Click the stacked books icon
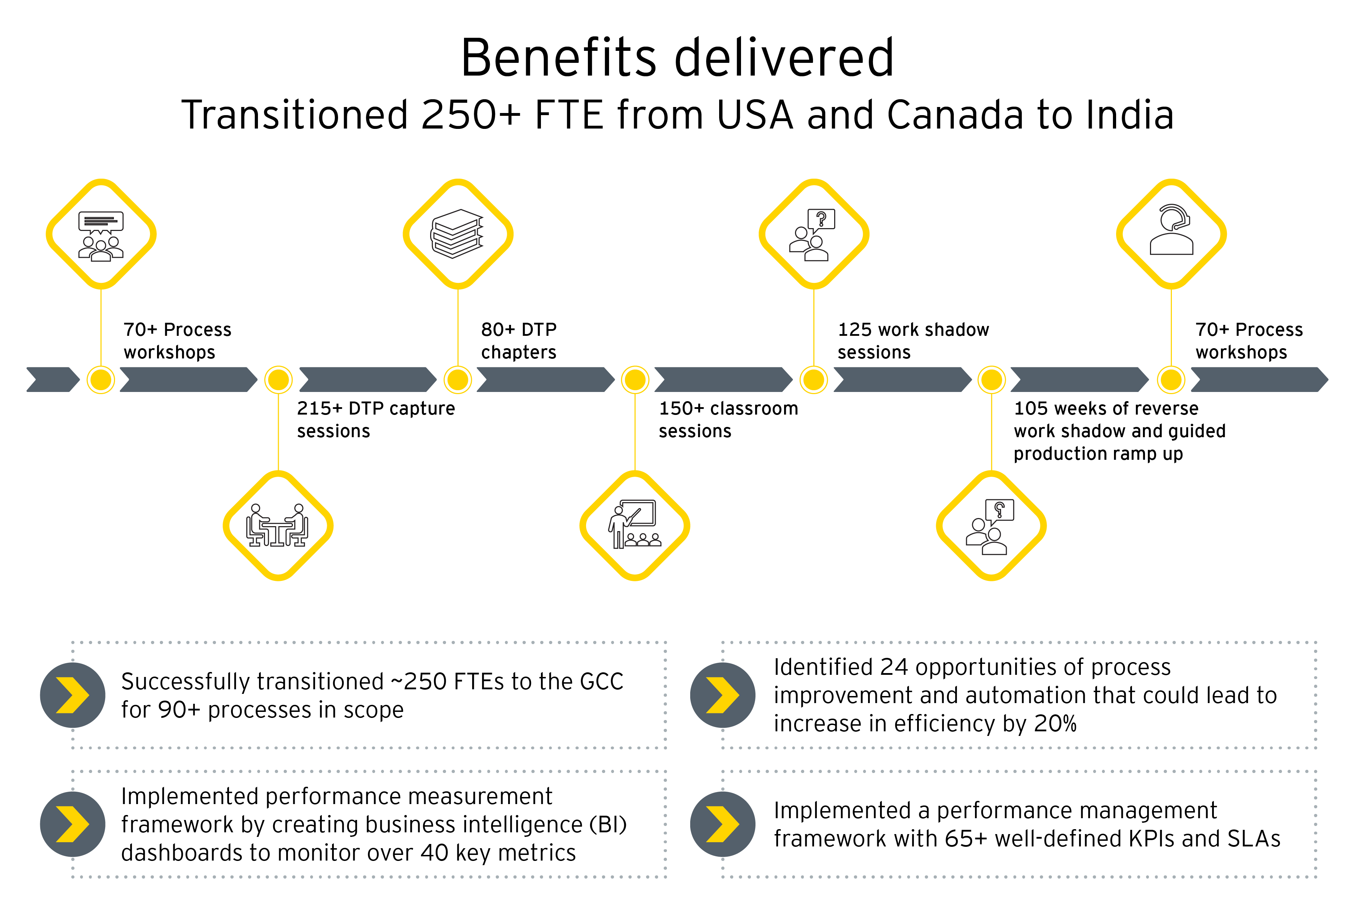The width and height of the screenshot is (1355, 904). (457, 233)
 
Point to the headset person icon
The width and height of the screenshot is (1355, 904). (1171, 231)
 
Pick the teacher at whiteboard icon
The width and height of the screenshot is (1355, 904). (634, 525)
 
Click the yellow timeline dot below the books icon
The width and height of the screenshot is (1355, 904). (457, 379)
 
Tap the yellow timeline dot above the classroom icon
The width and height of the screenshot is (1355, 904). (635, 379)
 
